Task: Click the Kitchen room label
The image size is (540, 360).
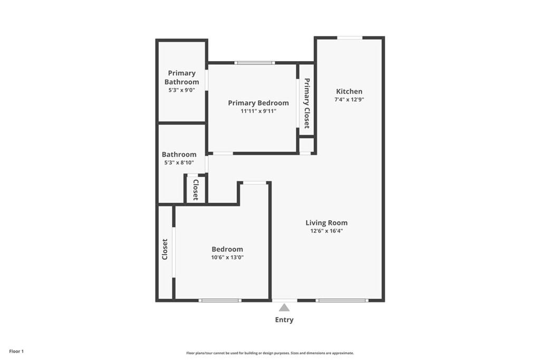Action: [349, 91]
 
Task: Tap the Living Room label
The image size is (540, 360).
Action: [326, 222]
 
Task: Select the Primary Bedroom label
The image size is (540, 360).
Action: [258, 103]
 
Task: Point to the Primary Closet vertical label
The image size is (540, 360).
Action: [306, 103]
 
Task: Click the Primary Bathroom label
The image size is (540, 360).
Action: [181, 77]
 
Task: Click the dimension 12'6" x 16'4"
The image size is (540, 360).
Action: [326, 231]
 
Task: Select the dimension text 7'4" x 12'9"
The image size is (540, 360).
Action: [349, 100]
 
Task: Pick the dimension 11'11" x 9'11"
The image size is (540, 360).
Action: [258, 111]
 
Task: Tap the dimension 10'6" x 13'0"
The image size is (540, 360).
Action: [227, 257]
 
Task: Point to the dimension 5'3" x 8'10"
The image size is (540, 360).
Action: [179, 162]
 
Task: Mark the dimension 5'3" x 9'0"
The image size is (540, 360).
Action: [181, 90]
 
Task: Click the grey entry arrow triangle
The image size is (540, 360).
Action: [284, 307]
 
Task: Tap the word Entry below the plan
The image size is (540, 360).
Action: [284, 320]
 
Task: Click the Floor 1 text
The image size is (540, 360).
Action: [16, 352]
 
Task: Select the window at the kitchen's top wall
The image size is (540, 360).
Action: [350, 38]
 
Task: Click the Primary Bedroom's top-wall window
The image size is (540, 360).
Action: [255, 63]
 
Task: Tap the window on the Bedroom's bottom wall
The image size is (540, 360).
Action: [220, 300]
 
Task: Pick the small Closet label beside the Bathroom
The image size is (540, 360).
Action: [196, 190]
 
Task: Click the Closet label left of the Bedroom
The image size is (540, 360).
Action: [165, 249]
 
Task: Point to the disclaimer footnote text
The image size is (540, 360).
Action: [270, 353]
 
